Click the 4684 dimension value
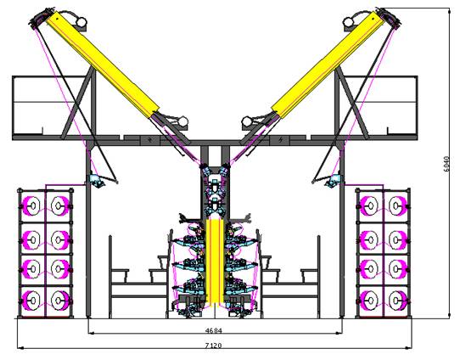click(x=214, y=330)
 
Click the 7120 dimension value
click(x=214, y=346)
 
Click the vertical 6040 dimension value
click(x=446, y=164)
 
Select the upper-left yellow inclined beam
click(x=103, y=65)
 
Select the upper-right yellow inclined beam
click(x=328, y=64)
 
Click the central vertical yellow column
click(x=214, y=261)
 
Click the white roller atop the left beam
click(x=81, y=22)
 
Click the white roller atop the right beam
click(x=349, y=22)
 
